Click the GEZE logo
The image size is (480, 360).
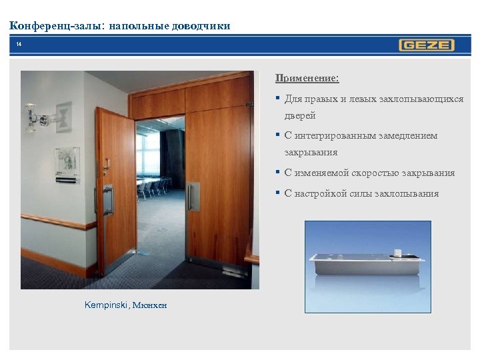pyautogui.click(x=427, y=45)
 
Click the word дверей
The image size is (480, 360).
pyautogui.click(x=300, y=115)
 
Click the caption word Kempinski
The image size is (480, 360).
pyautogui.click(x=107, y=305)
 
